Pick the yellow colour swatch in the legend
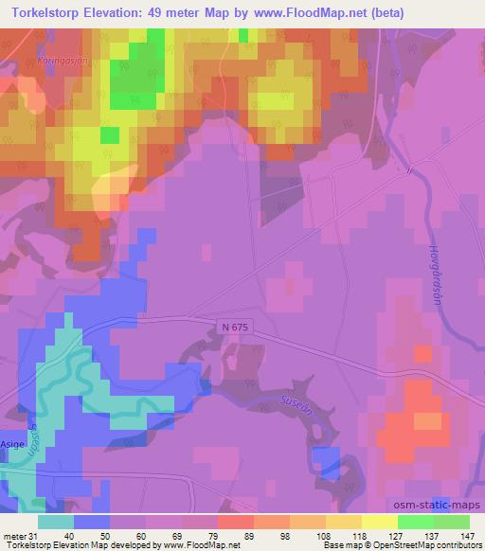pyautogui.click(x=379, y=522)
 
